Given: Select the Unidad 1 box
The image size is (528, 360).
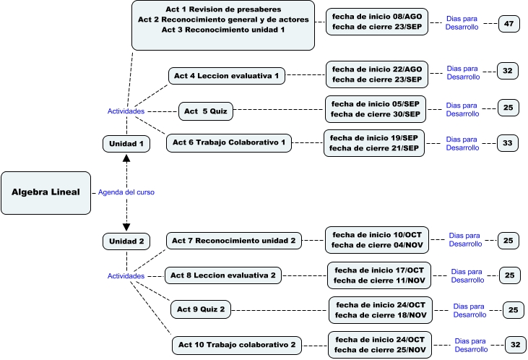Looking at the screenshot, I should tap(126, 144).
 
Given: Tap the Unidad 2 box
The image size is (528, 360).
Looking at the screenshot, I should tap(126, 241).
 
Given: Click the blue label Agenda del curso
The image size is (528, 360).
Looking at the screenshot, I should tap(126, 192).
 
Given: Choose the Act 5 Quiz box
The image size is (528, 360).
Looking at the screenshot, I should tap(206, 111).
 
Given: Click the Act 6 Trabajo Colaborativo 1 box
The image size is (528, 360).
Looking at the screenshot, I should tap(229, 143).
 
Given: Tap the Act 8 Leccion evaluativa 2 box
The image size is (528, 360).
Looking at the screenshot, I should tap(223, 275).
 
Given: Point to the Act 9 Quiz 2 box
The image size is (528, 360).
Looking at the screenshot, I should tap(202, 310).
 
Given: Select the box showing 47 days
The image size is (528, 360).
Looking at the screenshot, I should tap(509, 24).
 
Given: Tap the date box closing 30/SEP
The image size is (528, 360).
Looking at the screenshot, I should tap(376, 109).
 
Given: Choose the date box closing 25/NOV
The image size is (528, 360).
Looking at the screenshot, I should tap(380, 344).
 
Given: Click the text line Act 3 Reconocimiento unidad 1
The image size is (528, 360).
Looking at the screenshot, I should tap(223, 30).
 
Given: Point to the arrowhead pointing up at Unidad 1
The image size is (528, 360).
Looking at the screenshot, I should tap(126, 157).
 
